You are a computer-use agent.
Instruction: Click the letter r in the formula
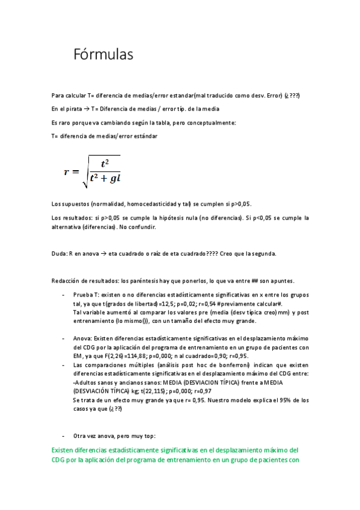click(x=68, y=171)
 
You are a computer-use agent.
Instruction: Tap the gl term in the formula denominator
click(x=114, y=178)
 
